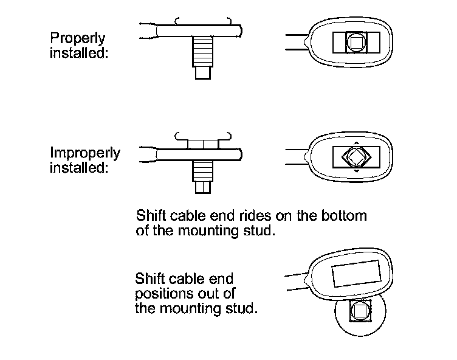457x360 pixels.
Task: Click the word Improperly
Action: click(85, 153)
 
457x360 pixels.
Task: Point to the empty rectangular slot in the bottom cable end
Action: click(356, 272)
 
